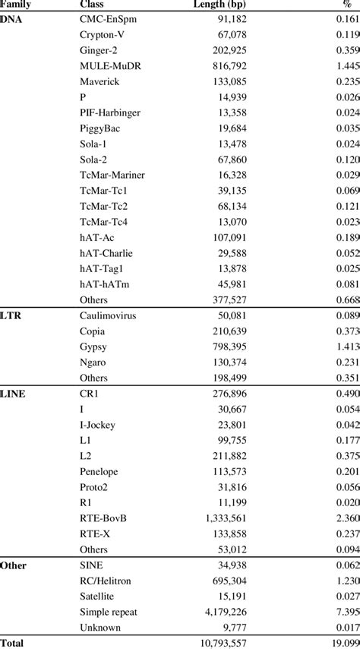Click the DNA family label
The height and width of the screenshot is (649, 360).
(11, 18)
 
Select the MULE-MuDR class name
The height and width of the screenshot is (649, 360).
(109, 67)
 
